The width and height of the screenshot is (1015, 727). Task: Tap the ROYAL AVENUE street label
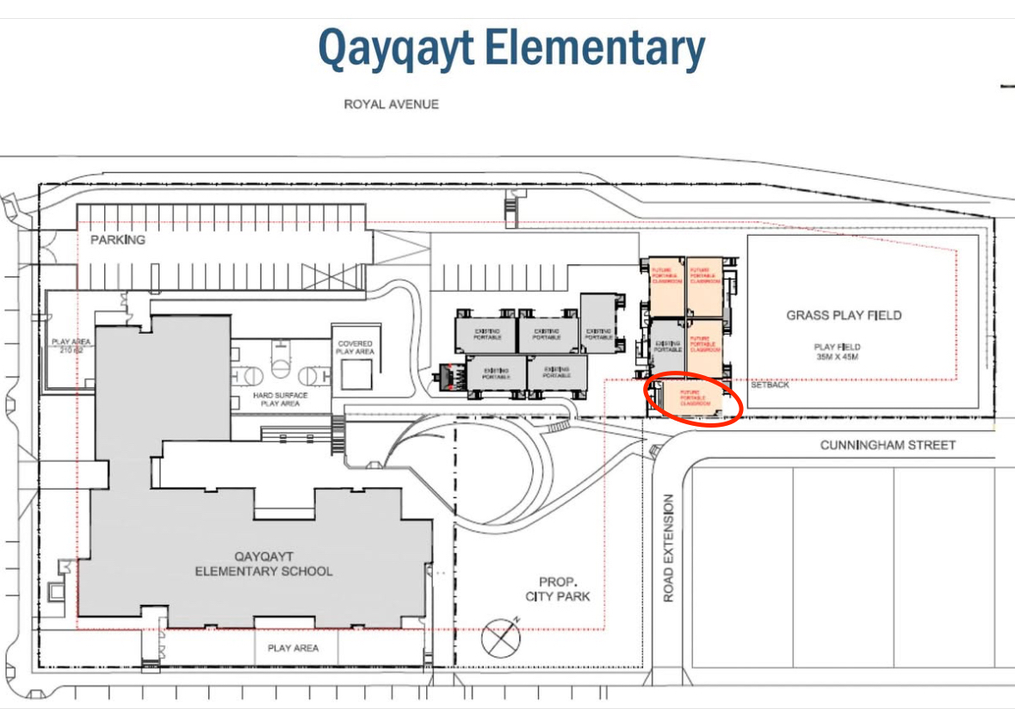pyautogui.click(x=391, y=104)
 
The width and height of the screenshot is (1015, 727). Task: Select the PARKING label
pyautogui.click(x=118, y=239)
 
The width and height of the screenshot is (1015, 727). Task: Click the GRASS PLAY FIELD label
pyautogui.click(x=844, y=315)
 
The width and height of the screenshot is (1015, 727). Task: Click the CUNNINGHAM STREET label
pyautogui.click(x=888, y=445)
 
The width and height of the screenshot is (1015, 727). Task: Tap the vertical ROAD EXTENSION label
pyautogui.click(x=670, y=548)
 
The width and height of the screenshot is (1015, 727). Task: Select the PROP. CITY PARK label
pyautogui.click(x=558, y=588)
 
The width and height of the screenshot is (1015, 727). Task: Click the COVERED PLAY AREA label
pyautogui.click(x=355, y=348)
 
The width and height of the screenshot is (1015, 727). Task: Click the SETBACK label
pyautogui.click(x=769, y=385)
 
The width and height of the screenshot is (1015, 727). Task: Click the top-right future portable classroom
pyautogui.click(x=704, y=286)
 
